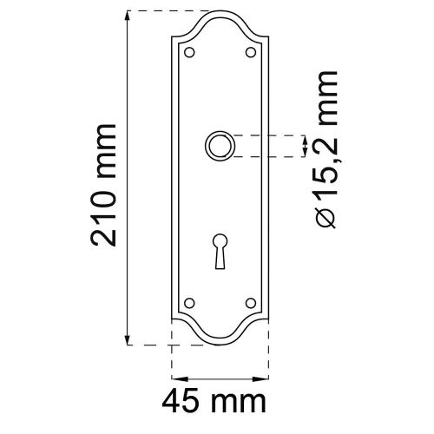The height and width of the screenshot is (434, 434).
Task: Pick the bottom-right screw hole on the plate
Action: [x=251, y=304]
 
